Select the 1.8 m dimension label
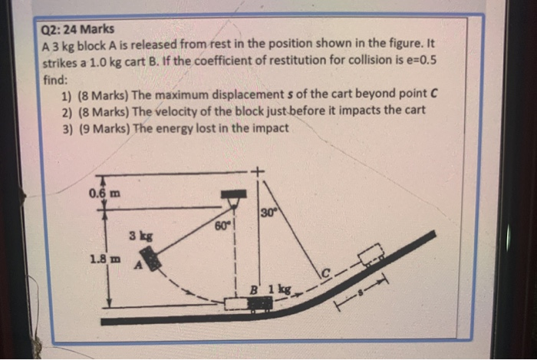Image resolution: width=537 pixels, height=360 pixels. click(x=104, y=259)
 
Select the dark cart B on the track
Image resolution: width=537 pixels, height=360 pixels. click(x=259, y=303)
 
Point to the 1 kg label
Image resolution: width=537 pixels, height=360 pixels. click(x=280, y=289)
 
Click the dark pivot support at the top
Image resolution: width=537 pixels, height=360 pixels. click(x=232, y=198)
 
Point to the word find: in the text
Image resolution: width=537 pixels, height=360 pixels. click(x=56, y=78)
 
